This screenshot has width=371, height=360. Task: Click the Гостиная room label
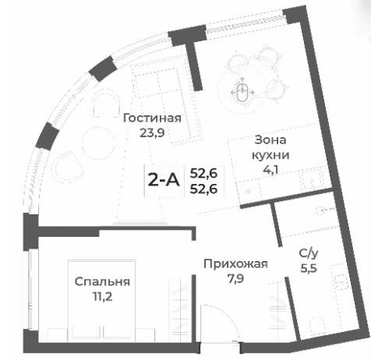(153, 118)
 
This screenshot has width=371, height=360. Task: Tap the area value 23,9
(153, 132)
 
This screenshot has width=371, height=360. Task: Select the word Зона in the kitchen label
(270, 140)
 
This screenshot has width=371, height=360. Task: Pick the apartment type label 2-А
(164, 181)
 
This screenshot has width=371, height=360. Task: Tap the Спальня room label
(102, 281)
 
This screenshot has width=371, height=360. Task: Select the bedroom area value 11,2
(102, 296)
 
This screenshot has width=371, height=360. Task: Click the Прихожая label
(235, 264)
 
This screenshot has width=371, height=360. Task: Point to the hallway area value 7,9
(235, 278)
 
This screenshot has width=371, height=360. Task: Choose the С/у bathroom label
(308, 253)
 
